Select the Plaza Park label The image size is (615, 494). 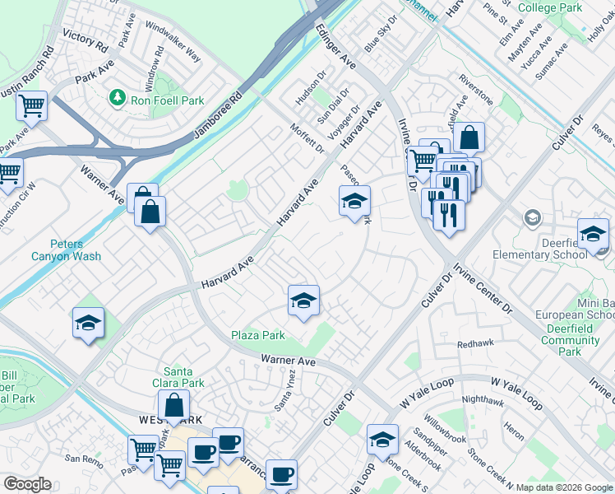click(257, 335)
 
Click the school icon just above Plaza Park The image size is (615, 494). click(303, 301)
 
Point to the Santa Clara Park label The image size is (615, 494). click(183, 377)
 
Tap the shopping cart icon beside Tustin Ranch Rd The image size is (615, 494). click(31, 105)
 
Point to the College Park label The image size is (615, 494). click(550, 8)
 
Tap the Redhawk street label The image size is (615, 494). click(474, 344)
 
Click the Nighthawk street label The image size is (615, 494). click(483, 401)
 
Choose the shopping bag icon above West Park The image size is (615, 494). click(174, 406)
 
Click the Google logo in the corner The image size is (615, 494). click(27, 484)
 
